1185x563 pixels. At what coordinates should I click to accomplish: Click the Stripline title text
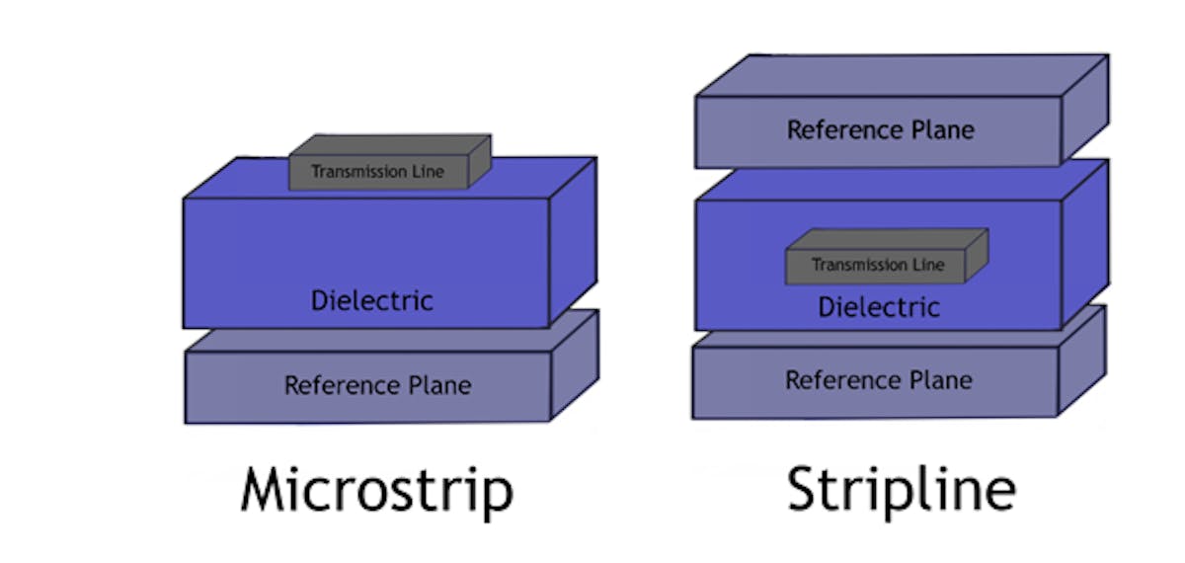pos(900,489)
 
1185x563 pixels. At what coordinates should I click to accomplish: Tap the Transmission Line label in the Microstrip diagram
pos(377,172)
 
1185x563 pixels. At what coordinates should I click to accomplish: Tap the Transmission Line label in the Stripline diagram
pos(878,265)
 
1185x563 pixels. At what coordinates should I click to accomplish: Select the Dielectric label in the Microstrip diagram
pos(371,300)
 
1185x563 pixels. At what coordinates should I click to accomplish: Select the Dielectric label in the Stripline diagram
pos(879,307)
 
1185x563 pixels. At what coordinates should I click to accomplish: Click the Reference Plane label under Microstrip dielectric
pos(377,385)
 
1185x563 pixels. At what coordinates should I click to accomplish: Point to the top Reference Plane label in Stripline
pos(880,130)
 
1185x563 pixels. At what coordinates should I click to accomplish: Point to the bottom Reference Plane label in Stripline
pos(878,380)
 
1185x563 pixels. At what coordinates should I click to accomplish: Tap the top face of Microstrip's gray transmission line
pos(390,145)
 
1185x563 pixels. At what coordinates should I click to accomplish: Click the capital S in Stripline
pos(806,489)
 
